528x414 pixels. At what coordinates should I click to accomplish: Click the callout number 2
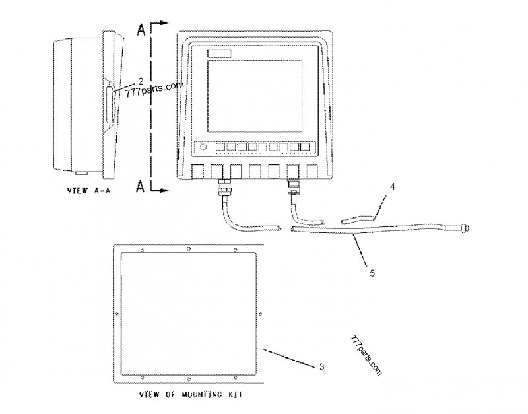point(141,81)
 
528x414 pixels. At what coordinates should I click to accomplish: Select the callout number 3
point(321,366)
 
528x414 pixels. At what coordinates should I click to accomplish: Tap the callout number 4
point(392,186)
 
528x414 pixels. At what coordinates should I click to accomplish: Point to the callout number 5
point(372,273)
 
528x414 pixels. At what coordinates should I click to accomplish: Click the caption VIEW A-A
point(88,191)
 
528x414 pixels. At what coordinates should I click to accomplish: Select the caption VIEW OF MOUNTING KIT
point(191,394)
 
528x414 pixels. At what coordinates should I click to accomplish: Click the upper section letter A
point(141,30)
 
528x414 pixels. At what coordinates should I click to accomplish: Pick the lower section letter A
point(141,186)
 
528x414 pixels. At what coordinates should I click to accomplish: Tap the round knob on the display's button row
point(203,147)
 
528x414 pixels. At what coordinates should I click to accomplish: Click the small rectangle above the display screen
point(219,54)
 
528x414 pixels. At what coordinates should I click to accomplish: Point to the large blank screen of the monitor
point(255,96)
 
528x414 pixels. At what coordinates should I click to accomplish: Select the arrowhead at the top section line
point(164,23)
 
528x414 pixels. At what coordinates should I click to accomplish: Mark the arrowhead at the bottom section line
point(164,191)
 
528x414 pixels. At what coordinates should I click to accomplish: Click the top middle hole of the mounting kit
point(189,250)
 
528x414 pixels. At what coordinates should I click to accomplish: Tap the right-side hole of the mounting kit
point(261,314)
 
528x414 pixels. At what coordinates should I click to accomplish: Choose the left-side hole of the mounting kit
point(117,314)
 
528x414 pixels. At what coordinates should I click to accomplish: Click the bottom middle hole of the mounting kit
point(189,379)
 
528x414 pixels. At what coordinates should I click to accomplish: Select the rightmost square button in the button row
point(305,147)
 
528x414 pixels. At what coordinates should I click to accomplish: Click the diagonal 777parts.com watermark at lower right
point(366,356)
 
